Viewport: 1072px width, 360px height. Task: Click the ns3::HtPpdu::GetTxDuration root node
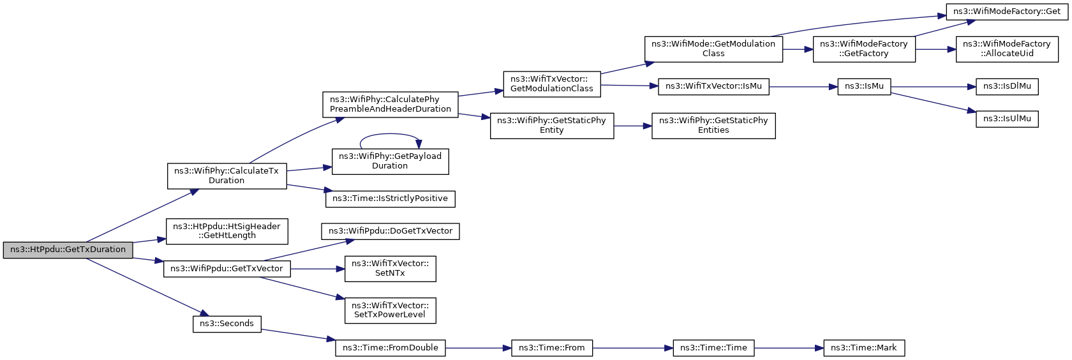(x=68, y=250)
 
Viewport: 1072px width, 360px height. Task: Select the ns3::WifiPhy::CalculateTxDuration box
(x=227, y=176)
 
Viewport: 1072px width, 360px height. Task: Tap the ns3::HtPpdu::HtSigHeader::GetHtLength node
(x=227, y=231)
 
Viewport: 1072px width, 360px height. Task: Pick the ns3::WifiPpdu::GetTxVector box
(x=227, y=269)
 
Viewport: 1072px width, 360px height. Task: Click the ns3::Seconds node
(x=227, y=324)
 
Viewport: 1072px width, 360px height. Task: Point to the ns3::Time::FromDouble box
(x=391, y=348)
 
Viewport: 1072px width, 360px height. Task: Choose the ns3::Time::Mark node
(x=864, y=348)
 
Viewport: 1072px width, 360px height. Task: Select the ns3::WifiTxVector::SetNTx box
(x=391, y=269)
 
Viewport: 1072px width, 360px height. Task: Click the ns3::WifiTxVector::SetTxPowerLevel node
(x=391, y=310)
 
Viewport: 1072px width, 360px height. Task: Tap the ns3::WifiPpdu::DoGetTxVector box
(x=391, y=231)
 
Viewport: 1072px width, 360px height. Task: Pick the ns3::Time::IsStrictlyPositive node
(x=391, y=199)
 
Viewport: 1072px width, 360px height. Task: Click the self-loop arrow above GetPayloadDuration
(x=389, y=134)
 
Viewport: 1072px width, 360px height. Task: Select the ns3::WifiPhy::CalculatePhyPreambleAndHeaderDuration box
(x=391, y=105)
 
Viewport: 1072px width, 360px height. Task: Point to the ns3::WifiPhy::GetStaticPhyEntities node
(x=713, y=126)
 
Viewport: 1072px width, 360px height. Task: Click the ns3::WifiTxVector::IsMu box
(x=713, y=87)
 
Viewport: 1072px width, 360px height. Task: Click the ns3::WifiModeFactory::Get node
(x=1007, y=11)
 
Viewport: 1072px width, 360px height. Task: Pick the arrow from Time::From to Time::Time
(x=633, y=348)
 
